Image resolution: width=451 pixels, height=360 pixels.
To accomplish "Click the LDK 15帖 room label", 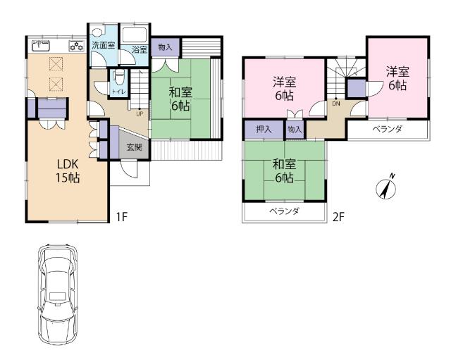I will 68,170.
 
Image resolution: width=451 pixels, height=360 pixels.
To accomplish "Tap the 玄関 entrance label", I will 134,147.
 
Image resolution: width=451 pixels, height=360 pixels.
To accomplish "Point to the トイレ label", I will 119,90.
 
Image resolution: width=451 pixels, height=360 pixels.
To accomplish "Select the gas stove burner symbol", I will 75,46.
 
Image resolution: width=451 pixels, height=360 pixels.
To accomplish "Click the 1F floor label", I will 121,216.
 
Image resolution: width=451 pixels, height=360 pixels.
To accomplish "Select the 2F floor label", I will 338,216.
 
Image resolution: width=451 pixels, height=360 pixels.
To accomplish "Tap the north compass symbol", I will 386,186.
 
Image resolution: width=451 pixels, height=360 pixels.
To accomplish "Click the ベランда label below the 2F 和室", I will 285,211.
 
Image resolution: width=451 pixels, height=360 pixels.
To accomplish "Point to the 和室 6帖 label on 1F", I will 180,98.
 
